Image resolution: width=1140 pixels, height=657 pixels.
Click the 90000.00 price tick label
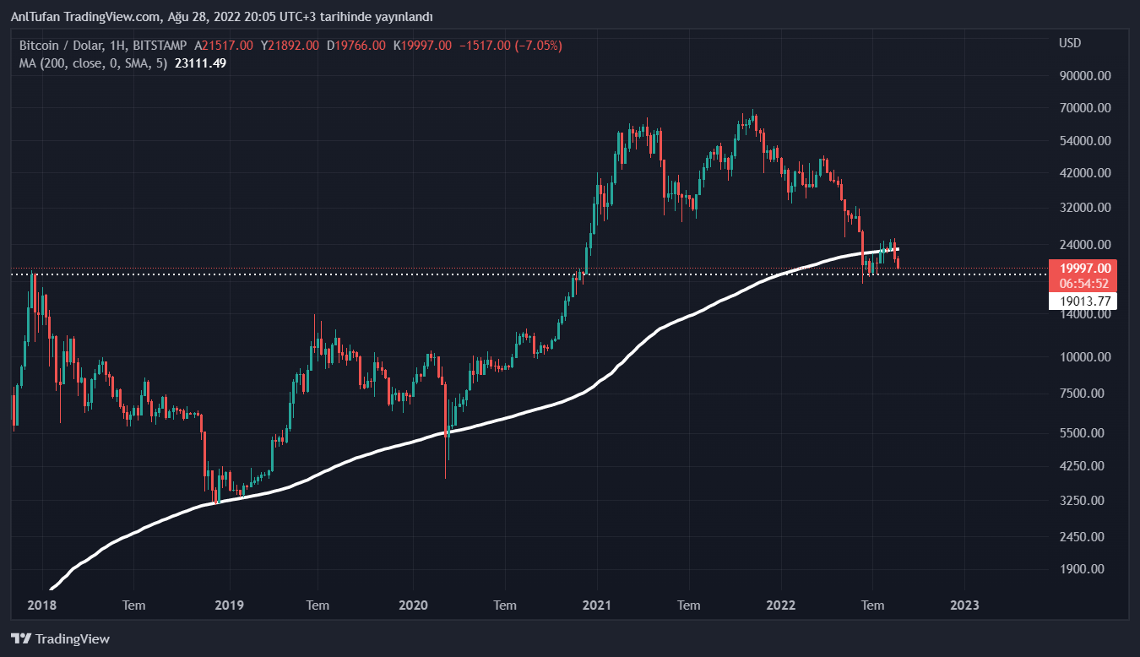1084,76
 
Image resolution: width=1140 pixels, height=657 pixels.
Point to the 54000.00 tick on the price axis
1084,140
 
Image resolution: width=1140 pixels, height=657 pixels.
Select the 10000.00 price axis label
1084,357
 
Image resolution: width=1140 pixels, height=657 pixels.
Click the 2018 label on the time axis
41,605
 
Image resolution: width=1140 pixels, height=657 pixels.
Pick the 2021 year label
597,605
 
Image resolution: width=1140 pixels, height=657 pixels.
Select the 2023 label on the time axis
965,605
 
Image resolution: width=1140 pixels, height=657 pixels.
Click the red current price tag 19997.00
1083,269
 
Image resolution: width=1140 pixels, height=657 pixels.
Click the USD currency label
1070,43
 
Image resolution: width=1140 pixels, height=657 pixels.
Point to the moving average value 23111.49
200,62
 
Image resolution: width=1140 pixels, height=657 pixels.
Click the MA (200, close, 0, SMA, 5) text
93,62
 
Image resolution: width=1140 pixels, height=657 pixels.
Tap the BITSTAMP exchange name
160,45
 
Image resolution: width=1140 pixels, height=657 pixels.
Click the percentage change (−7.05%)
534,45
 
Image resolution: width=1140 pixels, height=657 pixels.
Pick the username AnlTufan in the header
35,17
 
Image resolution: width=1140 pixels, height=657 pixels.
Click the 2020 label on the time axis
413,605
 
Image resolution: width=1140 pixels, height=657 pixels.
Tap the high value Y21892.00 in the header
290,45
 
